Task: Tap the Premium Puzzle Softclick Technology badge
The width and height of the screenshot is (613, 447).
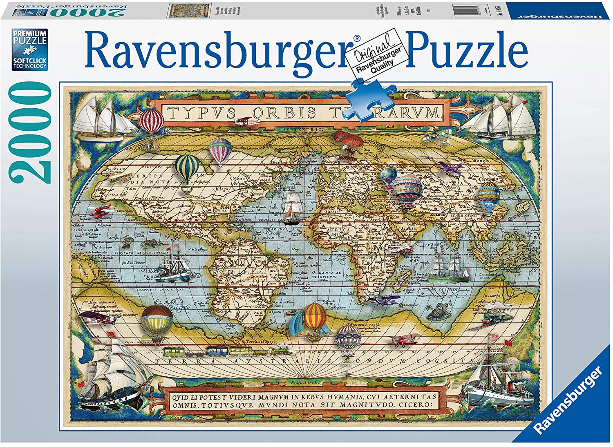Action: click(x=29, y=49)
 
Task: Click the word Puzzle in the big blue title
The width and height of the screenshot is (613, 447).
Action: click(x=466, y=51)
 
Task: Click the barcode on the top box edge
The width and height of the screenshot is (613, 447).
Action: click(x=466, y=10)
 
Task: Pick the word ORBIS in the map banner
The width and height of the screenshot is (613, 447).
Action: click(x=284, y=112)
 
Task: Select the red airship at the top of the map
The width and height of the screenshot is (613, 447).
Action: click(x=348, y=140)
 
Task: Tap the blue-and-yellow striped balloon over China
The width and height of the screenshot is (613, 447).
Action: click(x=489, y=197)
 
